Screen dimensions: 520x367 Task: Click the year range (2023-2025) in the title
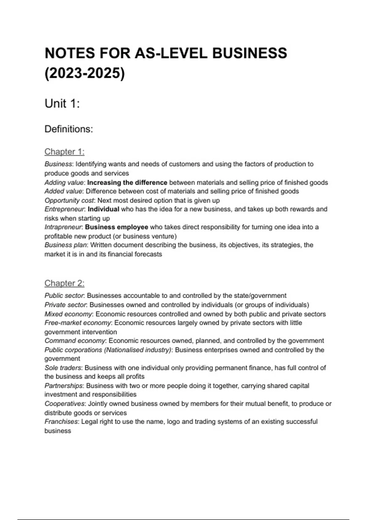(x=85, y=73)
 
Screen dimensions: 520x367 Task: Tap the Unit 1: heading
(x=62, y=104)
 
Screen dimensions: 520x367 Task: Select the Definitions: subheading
(x=69, y=129)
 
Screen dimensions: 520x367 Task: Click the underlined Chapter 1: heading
(x=64, y=152)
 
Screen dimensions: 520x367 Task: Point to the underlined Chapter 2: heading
(x=64, y=283)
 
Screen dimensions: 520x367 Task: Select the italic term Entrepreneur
(x=64, y=209)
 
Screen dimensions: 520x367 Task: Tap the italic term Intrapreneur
(x=63, y=227)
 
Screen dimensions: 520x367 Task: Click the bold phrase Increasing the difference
(x=127, y=183)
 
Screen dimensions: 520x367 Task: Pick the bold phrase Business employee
(x=117, y=227)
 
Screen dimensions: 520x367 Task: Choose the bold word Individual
(x=103, y=209)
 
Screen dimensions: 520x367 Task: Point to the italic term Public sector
(x=64, y=296)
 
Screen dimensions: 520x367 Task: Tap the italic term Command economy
(x=75, y=341)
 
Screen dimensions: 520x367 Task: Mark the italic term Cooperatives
(x=64, y=404)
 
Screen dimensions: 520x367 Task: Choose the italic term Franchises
(x=61, y=422)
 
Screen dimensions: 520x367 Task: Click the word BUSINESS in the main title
(x=250, y=53)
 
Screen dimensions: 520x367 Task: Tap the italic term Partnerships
(x=63, y=386)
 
